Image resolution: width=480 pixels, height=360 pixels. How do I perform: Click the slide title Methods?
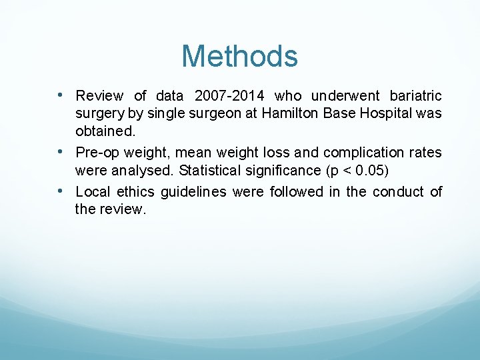(x=239, y=56)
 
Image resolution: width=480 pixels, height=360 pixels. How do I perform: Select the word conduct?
(x=398, y=192)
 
